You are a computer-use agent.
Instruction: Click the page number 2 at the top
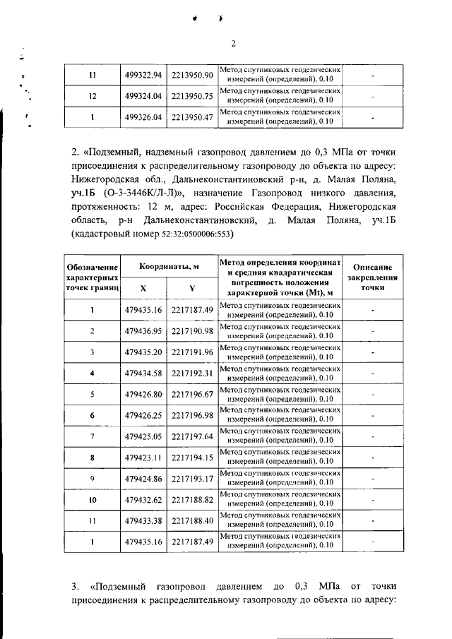point(233,44)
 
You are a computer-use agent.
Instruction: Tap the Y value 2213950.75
point(192,96)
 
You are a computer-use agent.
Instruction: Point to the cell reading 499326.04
point(143,117)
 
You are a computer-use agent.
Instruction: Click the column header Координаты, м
point(168,266)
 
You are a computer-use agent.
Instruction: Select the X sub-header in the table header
point(143,288)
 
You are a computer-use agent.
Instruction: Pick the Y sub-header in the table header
point(192,288)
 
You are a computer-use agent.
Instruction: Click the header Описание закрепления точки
point(373,277)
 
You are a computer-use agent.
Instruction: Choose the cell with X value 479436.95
point(143,330)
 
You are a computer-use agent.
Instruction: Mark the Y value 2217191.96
point(192,351)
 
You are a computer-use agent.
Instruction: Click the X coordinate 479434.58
point(143,371)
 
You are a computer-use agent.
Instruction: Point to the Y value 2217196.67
point(192,393)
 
